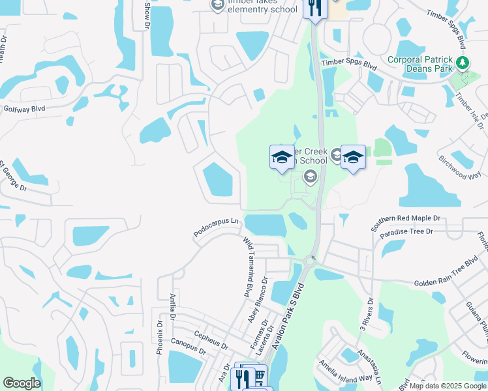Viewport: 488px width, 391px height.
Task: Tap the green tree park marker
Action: pyautogui.click(x=463, y=63)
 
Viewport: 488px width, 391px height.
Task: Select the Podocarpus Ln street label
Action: pyautogui.click(x=217, y=227)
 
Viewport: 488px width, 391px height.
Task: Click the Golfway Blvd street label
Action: pyautogui.click(x=24, y=109)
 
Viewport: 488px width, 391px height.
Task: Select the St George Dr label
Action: pyautogui.click(x=13, y=174)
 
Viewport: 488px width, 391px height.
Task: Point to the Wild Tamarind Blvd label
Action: pyautogui.click(x=248, y=267)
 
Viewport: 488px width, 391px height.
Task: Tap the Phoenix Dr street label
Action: pyautogui.click(x=159, y=336)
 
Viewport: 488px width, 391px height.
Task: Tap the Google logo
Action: pyautogui.click(x=22, y=383)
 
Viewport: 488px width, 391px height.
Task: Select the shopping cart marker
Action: pyautogui.click(x=259, y=376)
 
